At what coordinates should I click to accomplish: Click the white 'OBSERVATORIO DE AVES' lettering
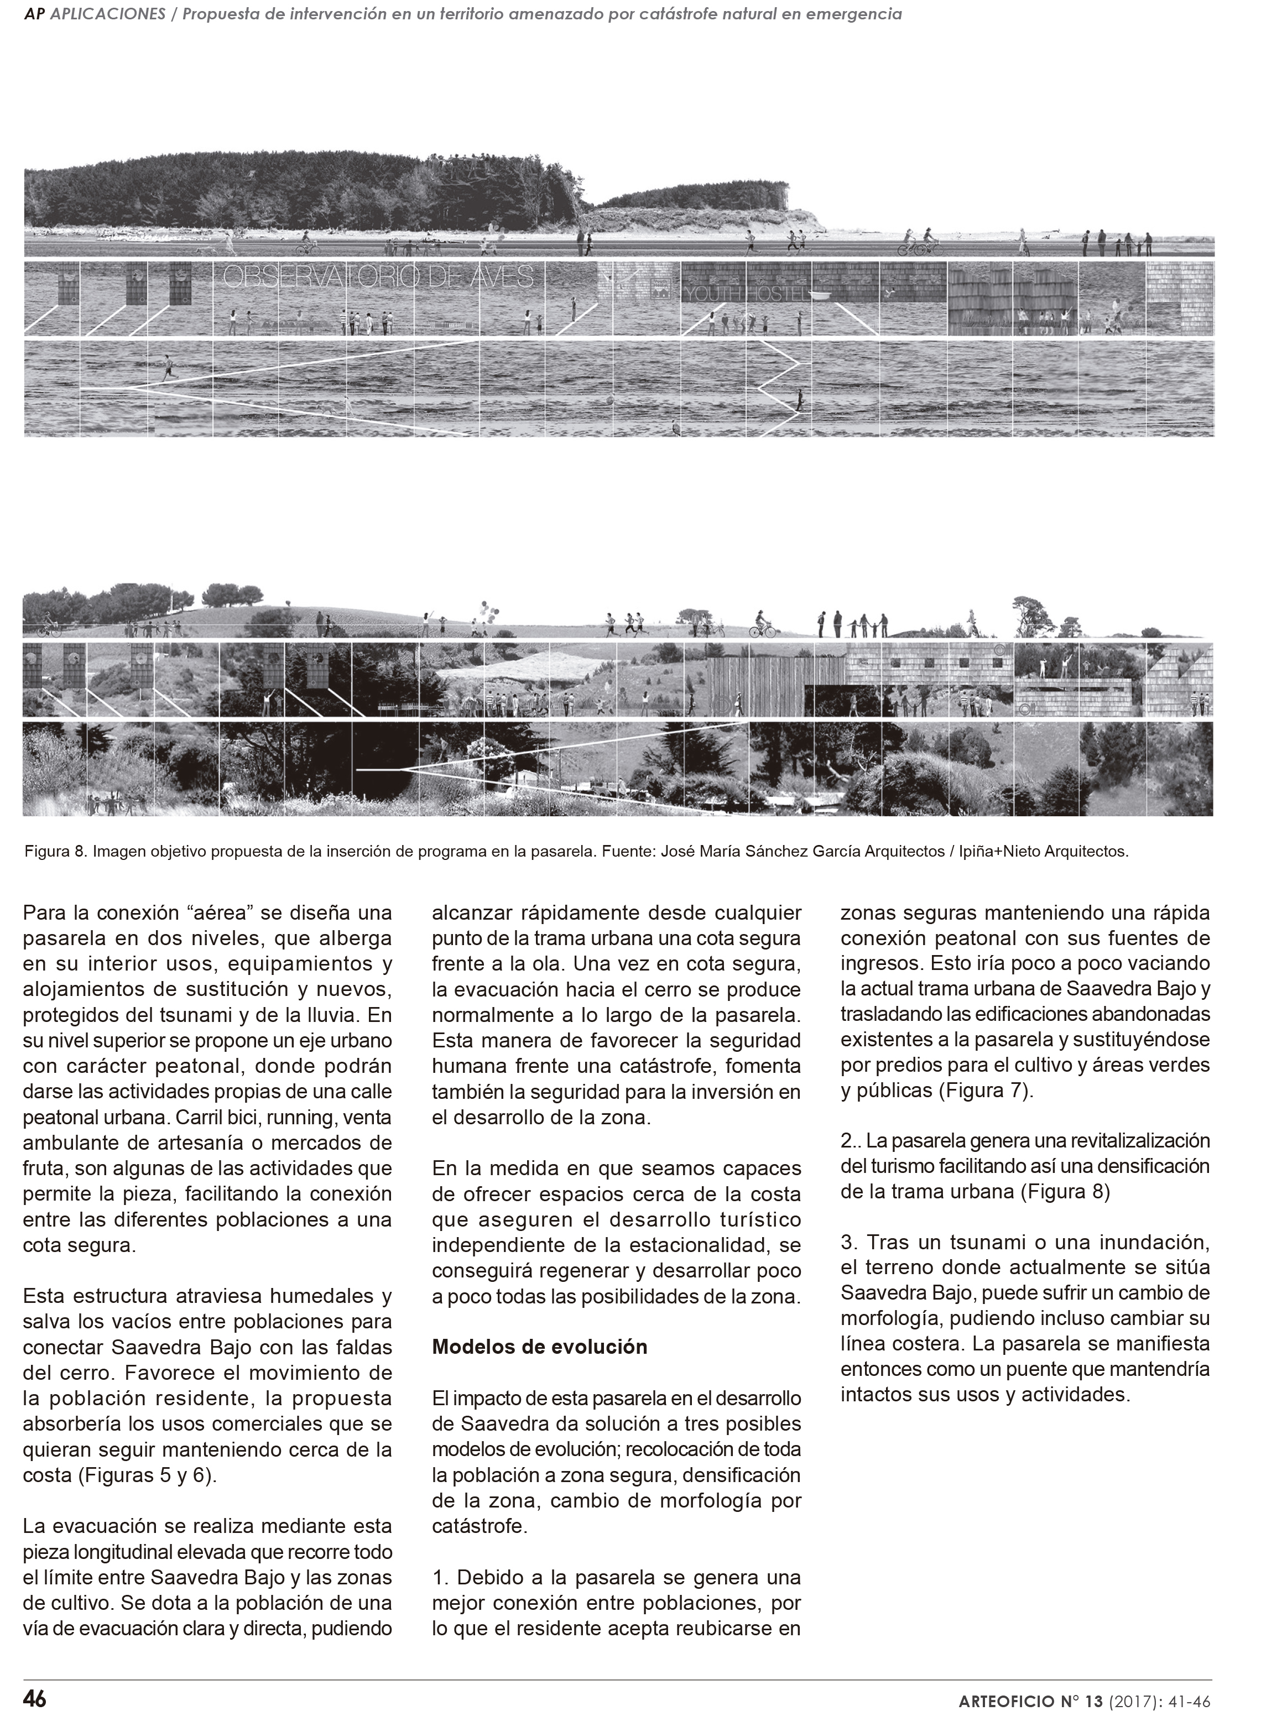point(378,278)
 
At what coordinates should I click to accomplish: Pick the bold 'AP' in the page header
point(34,14)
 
